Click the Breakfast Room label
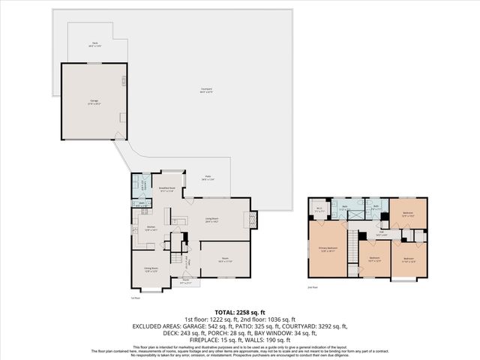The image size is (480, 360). click(166, 190)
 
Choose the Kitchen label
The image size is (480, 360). click(150, 228)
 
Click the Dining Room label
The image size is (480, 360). click(149, 269)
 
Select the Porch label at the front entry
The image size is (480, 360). click(186, 283)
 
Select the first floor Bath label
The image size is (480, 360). click(142, 202)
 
